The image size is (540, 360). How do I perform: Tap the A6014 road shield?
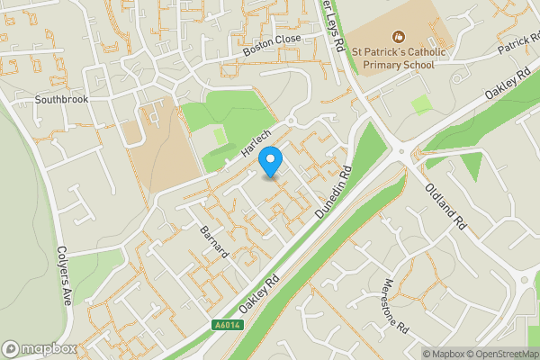pos(228,325)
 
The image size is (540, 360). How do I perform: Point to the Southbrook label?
pos(62,99)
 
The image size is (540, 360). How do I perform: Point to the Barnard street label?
pos(216,240)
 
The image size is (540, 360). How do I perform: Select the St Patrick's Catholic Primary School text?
pos(398,58)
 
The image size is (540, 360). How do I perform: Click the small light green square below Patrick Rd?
pos(421,104)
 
